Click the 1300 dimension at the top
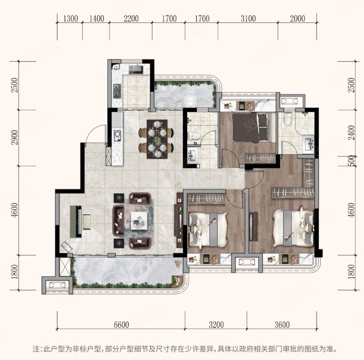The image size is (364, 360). pyautogui.click(x=70, y=19)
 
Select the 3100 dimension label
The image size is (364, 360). pyautogui.click(x=248, y=19)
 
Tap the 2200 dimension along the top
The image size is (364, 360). pyautogui.click(x=131, y=19)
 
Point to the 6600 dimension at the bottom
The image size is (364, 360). pyautogui.click(x=121, y=324)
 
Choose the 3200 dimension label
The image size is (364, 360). pyautogui.click(x=216, y=324)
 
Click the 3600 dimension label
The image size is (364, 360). pyautogui.click(x=282, y=324)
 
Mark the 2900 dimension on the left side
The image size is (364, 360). pyautogui.click(x=15, y=137)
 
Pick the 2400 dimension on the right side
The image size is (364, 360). pyautogui.click(x=352, y=132)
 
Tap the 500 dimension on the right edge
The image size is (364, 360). pyautogui.click(x=352, y=161)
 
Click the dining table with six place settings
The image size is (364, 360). pyautogui.click(x=157, y=139)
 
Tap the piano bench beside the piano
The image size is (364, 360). pyautogui.click(x=87, y=222)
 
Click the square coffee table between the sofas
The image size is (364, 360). pyautogui.click(x=139, y=221)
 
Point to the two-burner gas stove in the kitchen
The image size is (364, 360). pyautogui.click(x=117, y=90)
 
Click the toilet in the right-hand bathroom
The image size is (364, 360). pyautogui.click(x=288, y=119)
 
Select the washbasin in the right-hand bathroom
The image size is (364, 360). pyautogui.click(x=308, y=145)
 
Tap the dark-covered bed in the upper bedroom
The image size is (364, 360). pyautogui.click(x=250, y=128)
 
